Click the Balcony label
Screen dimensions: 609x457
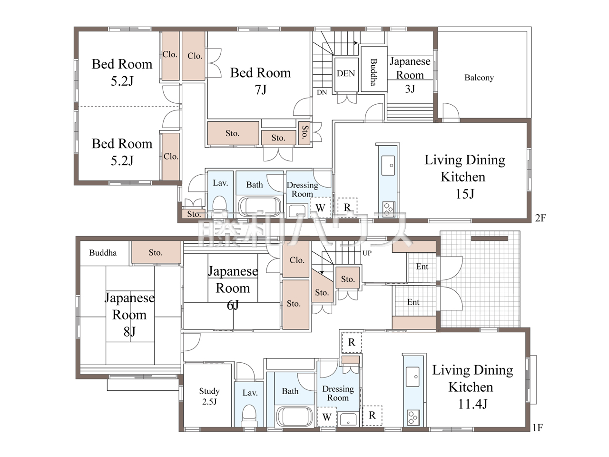click(479, 78)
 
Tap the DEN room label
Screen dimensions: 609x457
click(346, 73)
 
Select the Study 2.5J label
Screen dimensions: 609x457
click(209, 396)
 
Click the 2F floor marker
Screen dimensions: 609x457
click(540, 218)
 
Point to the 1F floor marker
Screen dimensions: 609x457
click(538, 427)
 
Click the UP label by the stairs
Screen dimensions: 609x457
click(367, 253)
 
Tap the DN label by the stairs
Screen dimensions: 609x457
click(322, 92)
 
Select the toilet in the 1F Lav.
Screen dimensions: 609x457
click(249, 416)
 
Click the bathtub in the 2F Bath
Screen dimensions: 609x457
click(260, 207)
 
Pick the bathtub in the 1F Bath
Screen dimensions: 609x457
click(295, 416)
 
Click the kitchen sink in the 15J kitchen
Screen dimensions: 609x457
click(388, 165)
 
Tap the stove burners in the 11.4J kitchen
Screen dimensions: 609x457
click(413, 417)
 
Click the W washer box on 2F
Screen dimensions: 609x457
click(321, 208)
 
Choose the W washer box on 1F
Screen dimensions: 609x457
click(327, 417)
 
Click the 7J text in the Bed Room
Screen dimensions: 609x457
click(261, 89)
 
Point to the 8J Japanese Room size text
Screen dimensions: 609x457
click(129, 332)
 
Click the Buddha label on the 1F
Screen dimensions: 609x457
click(103, 253)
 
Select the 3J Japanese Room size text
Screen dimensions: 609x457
click(410, 89)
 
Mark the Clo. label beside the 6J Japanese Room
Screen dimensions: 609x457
click(297, 260)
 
